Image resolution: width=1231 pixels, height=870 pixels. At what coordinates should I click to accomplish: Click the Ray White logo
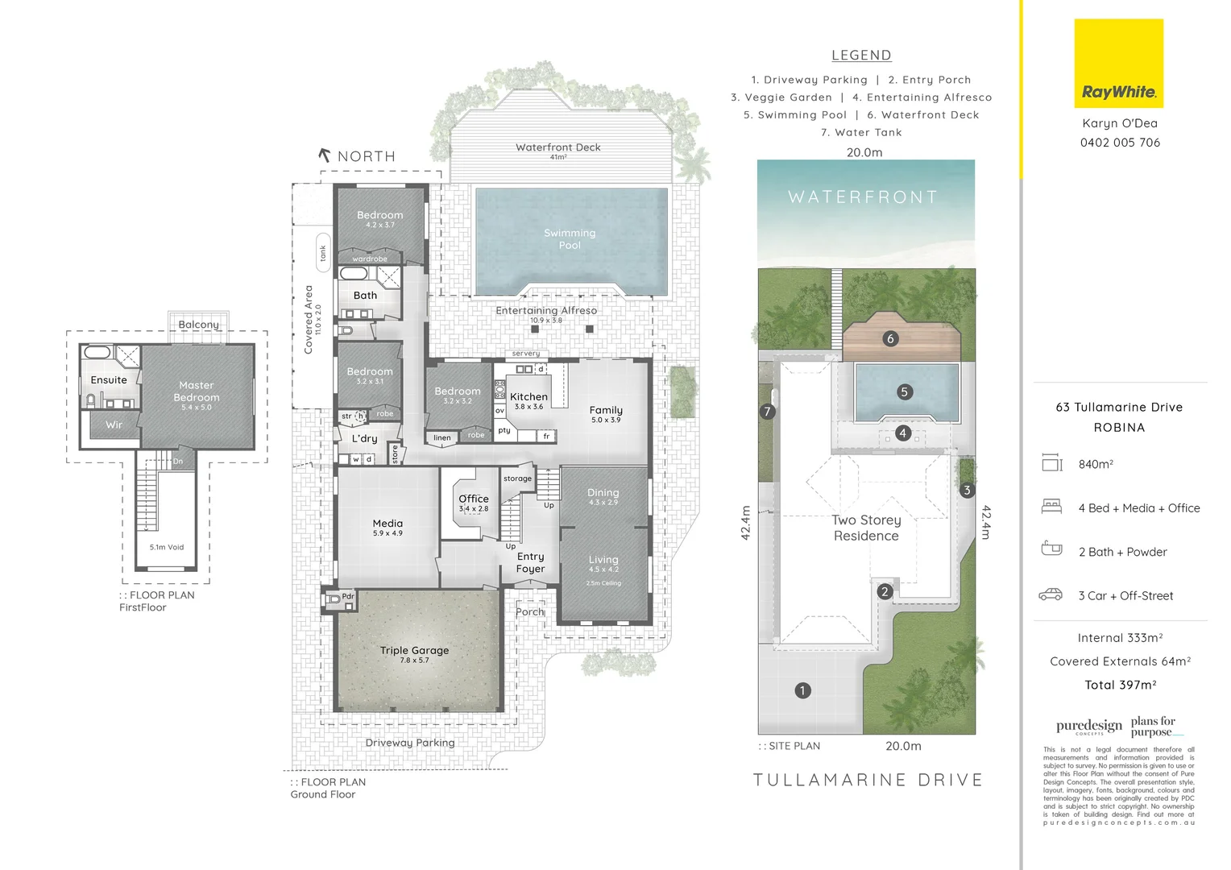point(1118,64)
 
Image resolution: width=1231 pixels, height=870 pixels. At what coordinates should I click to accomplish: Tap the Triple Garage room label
point(414,651)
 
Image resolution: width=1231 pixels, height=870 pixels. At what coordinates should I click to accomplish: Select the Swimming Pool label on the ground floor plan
point(570,239)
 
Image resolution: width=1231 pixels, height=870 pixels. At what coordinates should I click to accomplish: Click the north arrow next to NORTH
point(325,155)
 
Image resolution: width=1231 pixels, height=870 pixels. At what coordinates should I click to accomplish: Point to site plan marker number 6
point(890,339)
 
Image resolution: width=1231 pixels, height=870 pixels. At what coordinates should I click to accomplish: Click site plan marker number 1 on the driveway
point(802,690)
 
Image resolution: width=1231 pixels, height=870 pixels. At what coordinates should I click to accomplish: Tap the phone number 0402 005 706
point(1120,143)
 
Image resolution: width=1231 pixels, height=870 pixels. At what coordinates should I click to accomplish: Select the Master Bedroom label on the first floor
point(197,392)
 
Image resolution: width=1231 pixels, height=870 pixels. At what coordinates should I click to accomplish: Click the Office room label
point(474,499)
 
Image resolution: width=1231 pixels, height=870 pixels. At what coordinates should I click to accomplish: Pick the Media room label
point(388,524)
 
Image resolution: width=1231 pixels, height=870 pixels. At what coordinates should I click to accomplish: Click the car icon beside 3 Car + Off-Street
point(1051,595)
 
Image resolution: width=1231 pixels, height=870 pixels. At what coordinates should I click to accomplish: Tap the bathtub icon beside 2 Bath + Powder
point(1051,549)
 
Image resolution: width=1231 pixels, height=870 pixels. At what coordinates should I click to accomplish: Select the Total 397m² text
point(1120,685)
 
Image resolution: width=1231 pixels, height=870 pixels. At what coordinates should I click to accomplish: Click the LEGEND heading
point(861,56)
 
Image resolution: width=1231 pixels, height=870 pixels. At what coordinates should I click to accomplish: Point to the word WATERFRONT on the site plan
point(863,197)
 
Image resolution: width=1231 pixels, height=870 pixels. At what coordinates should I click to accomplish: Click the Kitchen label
point(528,397)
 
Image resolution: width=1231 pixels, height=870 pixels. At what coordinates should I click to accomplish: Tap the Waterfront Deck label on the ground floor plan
point(558,147)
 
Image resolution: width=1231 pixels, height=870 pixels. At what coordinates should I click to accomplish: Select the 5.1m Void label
point(167,547)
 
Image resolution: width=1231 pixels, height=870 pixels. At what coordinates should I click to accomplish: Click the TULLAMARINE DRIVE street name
point(868,780)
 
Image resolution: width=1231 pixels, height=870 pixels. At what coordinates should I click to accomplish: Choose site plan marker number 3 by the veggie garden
point(967,490)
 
